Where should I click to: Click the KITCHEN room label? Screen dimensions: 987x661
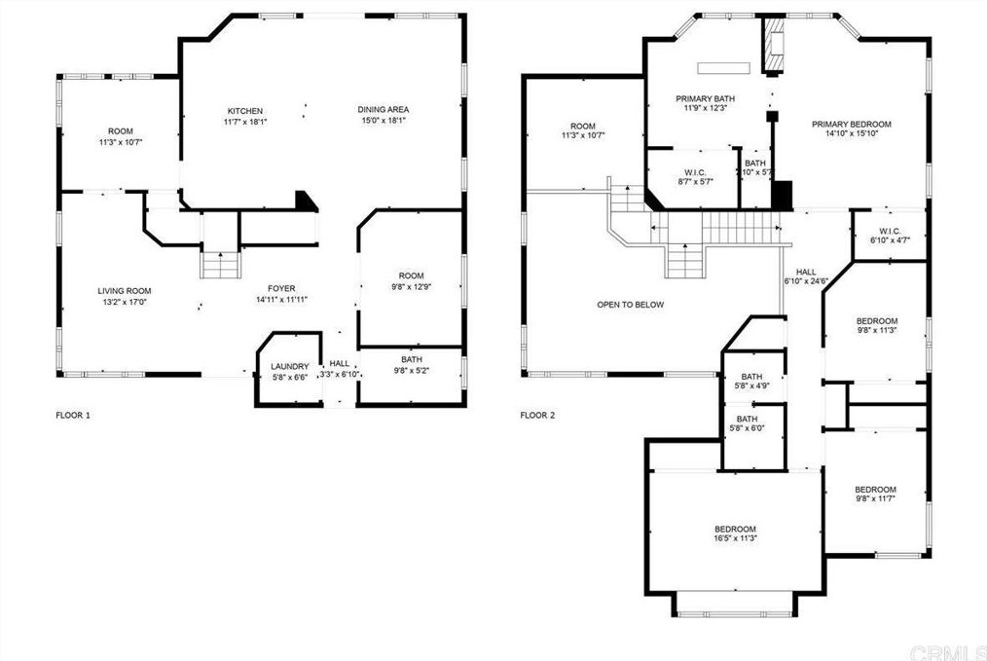tap(245, 111)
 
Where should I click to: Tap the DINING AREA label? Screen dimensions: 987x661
tap(384, 110)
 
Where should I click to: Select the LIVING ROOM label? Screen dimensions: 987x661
tap(124, 291)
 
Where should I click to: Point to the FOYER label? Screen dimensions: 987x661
tap(281, 289)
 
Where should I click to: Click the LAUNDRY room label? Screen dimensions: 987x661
tap(289, 366)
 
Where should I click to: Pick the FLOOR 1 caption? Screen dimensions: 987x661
tap(73, 416)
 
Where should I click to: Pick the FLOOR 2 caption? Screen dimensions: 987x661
tap(537, 416)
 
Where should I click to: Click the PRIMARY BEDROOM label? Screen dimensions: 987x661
tap(851, 124)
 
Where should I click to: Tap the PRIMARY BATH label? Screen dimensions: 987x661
tap(705, 99)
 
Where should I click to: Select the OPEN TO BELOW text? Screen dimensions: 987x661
tap(630, 305)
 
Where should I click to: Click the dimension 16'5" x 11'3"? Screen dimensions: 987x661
tap(735, 539)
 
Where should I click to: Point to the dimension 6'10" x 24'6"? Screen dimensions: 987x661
tap(806, 281)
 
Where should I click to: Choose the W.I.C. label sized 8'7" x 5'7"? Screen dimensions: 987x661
tap(695, 172)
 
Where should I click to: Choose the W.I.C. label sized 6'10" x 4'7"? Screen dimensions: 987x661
tap(890, 231)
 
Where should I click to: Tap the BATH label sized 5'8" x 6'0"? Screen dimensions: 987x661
tap(748, 420)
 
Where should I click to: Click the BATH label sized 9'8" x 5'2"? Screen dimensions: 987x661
tap(412, 360)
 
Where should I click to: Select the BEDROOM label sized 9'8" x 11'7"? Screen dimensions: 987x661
tap(875, 490)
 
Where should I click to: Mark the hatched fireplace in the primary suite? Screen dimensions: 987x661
tap(774, 44)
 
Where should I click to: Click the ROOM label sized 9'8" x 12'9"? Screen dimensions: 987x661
tap(411, 275)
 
